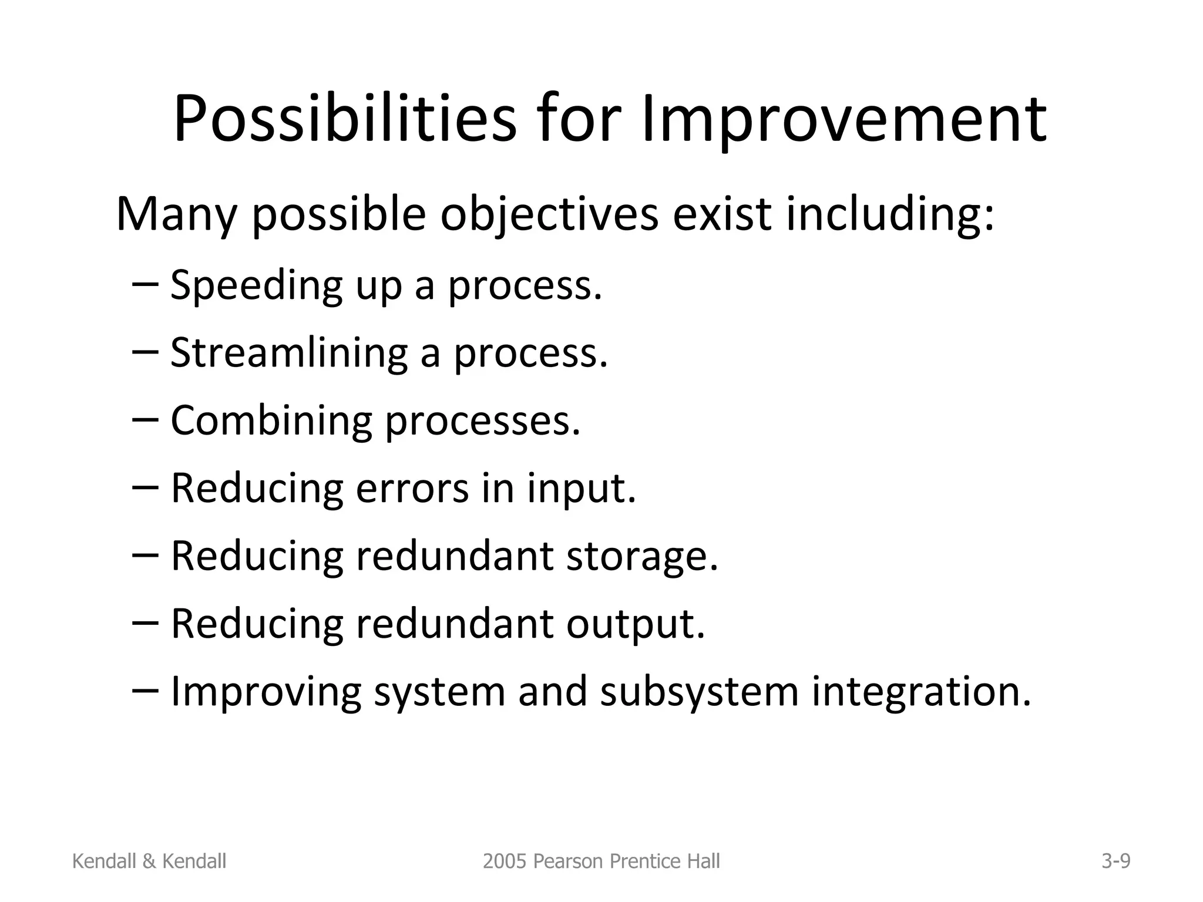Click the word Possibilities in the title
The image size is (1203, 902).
(344, 120)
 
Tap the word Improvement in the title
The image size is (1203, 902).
(844, 120)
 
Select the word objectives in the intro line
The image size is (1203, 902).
(549, 215)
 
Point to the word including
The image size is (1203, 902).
(890, 215)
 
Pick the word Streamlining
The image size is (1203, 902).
(288, 354)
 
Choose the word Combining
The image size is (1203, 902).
(271, 421)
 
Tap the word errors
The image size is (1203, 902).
(412, 489)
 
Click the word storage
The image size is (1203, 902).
(642, 556)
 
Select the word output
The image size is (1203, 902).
(636, 624)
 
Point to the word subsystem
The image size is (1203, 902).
(700, 692)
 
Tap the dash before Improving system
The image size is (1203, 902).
(146, 691)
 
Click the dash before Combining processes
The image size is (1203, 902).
(146, 419)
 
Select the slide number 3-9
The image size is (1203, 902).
(1115, 861)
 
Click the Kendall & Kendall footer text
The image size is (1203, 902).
(149, 861)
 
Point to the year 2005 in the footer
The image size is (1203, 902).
(502, 861)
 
